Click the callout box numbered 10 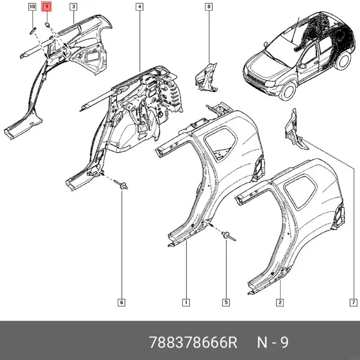click(32, 7)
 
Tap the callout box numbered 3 click(73, 7)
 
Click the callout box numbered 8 click(208, 7)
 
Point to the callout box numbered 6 click(121, 302)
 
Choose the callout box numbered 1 click(185, 302)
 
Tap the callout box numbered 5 click(225, 302)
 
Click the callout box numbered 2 click(279, 302)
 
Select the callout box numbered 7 click(353, 302)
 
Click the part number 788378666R click(193, 343)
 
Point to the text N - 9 click(272, 343)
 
